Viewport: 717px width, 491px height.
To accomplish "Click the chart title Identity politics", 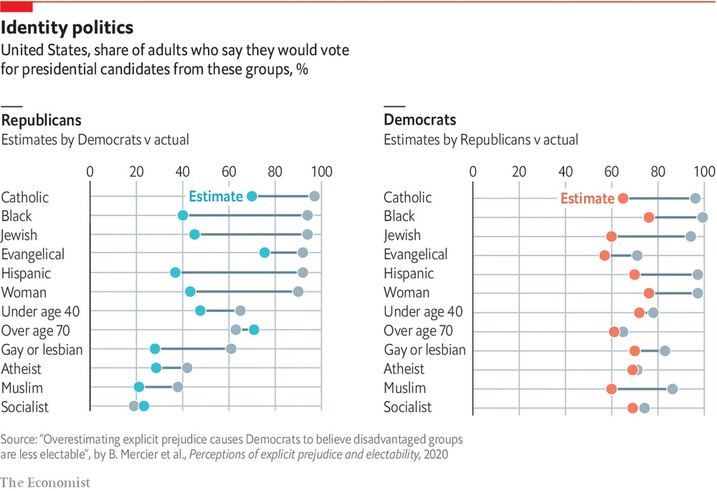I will pyautogui.click(x=67, y=28).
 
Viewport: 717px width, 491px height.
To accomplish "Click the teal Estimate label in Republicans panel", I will pyautogui.click(x=214, y=197).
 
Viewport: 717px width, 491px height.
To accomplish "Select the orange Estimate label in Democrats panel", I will pyautogui.click(x=587, y=199).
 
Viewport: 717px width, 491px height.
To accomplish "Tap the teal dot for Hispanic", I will pyautogui.click(x=175, y=273).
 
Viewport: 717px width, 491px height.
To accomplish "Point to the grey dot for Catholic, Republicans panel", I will pyautogui.click(x=314, y=196).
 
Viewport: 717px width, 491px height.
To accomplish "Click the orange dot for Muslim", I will pyautogui.click(x=611, y=389).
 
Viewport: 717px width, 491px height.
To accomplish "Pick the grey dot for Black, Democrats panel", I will pyautogui.click(x=703, y=217).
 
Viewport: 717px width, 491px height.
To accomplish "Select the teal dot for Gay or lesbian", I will pyautogui.click(x=155, y=349).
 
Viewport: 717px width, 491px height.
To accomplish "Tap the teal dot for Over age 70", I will pyautogui.click(x=254, y=330).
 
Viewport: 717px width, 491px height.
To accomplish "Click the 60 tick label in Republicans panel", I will pyautogui.click(x=229, y=172).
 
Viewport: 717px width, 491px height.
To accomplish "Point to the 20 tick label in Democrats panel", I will pyautogui.click(x=518, y=172).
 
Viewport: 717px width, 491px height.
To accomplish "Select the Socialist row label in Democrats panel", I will pyautogui.click(x=408, y=408).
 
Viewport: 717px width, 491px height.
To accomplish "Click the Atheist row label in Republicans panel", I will pyautogui.click(x=22, y=369).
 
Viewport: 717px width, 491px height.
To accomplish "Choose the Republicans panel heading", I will pyautogui.click(x=41, y=120).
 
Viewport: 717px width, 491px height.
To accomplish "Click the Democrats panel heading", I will pyautogui.click(x=420, y=120).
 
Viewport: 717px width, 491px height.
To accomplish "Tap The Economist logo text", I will pyautogui.click(x=45, y=482).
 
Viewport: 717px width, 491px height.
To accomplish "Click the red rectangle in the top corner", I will pyautogui.click(x=16, y=6).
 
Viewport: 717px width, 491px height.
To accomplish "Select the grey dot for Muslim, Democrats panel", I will pyautogui.click(x=672, y=389).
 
